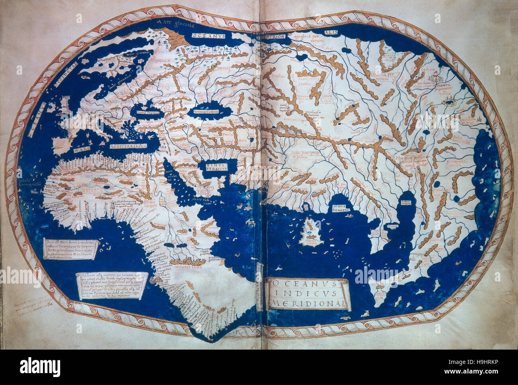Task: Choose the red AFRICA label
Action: point(94,191)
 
